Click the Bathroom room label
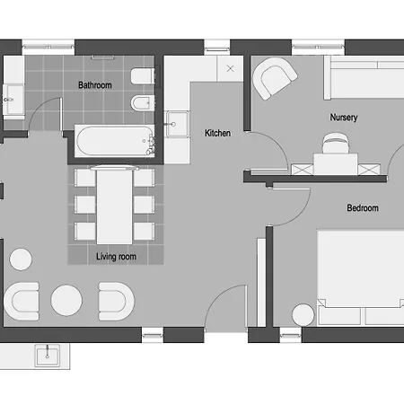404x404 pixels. [95, 85]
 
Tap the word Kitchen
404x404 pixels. [217, 133]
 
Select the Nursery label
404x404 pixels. [344, 117]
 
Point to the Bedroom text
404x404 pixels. [363, 207]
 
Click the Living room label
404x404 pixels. [116, 257]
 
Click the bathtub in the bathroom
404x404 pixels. [114, 141]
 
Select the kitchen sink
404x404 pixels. [177, 124]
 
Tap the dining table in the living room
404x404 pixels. [114, 206]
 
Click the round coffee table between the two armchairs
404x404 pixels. [66, 300]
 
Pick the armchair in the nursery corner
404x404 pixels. [274, 78]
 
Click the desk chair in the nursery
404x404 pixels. [335, 143]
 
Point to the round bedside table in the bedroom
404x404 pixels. [303, 315]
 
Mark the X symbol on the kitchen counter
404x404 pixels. [230, 68]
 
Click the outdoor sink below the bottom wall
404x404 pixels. [48, 356]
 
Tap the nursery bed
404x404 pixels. [364, 77]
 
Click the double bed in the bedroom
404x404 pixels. [361, 277]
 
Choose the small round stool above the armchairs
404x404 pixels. [21, 259]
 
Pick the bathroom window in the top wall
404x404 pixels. [48, 47]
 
